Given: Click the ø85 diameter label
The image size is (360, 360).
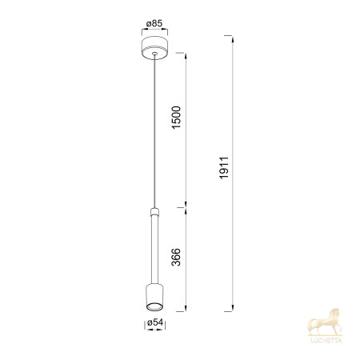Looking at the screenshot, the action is [154, 23].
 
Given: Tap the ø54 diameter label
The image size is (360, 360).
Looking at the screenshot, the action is [155, 322].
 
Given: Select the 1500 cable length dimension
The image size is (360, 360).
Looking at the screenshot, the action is [176, 118].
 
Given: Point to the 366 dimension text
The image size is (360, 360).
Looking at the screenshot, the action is [176, 257].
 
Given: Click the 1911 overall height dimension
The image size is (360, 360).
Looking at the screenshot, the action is [224, 168].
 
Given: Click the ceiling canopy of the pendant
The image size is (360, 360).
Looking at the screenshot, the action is [154, 48].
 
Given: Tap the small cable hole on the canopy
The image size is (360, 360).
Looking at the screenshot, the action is [154, 54].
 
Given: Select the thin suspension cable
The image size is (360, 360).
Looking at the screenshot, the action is [154, 131].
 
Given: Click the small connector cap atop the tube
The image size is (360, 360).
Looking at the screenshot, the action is [154, 211].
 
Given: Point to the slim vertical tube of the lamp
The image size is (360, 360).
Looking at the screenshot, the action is [154, 250].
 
